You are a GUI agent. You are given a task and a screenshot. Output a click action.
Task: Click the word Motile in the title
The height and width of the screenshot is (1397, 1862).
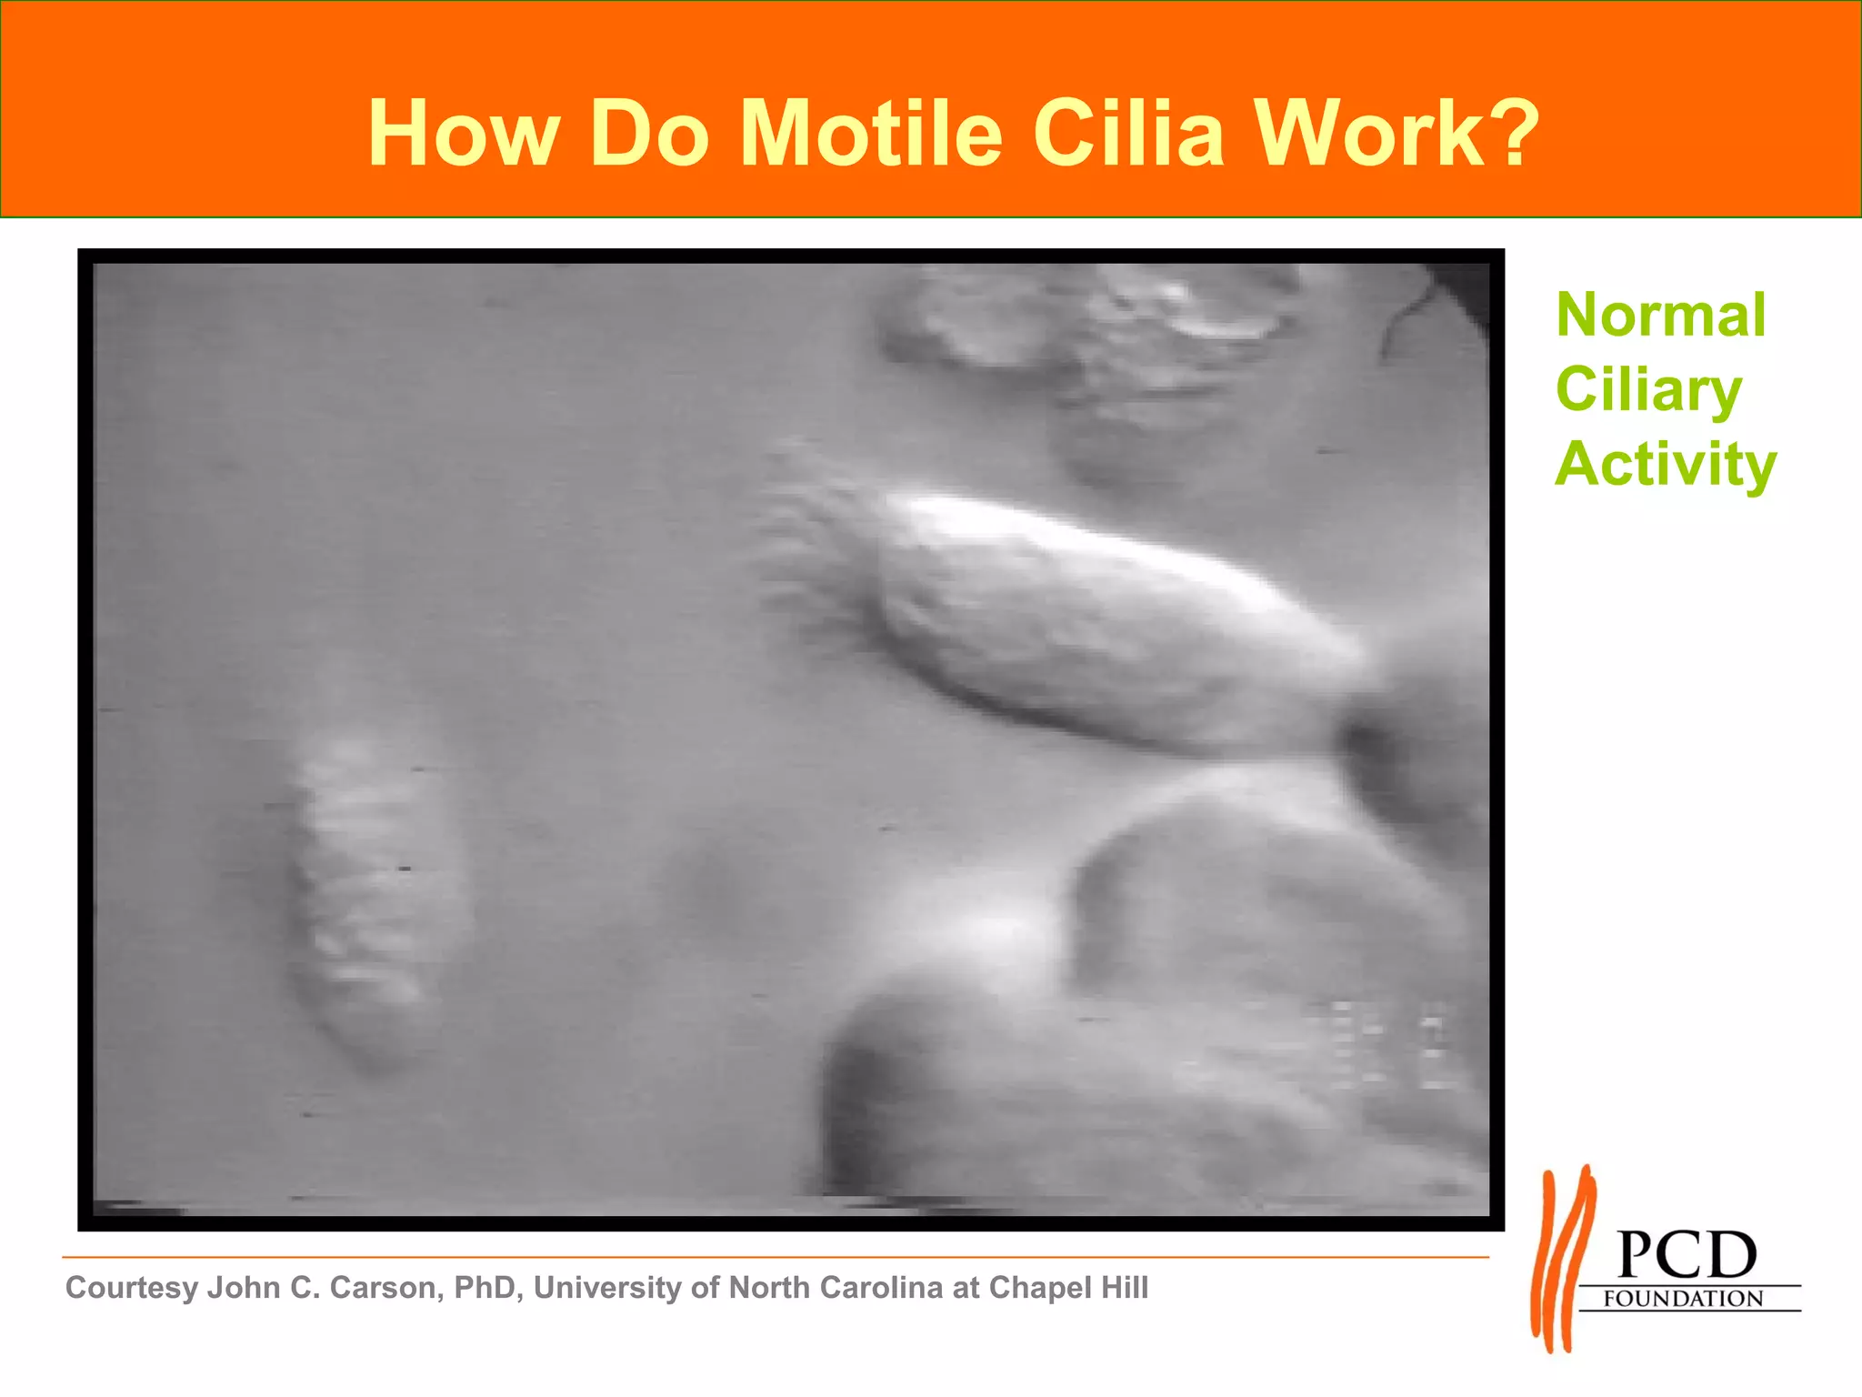point(871,134)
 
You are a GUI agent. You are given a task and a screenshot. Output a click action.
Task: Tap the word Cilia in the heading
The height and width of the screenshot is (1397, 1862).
point(1128,134)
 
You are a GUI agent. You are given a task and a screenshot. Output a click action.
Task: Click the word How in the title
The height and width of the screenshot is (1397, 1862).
point(463,134)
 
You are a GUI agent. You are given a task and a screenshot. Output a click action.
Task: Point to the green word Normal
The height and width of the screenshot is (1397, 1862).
point(1661,316)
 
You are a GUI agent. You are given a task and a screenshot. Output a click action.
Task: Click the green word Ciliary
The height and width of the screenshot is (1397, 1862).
point(1648,390)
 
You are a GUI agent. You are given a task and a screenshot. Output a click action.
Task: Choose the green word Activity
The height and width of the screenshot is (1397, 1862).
point(1665,465)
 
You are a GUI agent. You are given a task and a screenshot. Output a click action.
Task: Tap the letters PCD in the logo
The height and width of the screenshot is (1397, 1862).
point(1687,1256)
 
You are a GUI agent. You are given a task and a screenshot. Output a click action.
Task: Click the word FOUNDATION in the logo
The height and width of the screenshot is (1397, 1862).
point(1683,1299)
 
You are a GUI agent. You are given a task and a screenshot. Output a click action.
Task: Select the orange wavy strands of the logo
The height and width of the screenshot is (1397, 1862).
point(1562,1260)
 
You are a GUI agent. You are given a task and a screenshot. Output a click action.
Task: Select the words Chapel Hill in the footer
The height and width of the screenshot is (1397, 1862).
point(1068,1288)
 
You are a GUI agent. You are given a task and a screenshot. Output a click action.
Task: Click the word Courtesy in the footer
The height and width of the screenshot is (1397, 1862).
point(132,1288)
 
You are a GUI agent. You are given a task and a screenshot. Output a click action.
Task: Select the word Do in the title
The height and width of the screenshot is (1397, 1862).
point(648,134)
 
